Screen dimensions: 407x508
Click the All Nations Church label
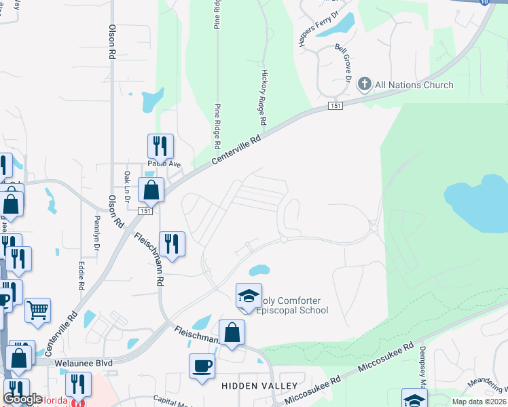point(414,85)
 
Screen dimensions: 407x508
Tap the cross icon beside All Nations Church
point(365,85)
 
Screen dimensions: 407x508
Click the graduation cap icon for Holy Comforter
point(249,295)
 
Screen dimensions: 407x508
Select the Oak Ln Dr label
point(126,185)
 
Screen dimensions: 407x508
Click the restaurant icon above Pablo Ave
point(160,146)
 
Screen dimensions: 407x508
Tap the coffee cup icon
point(202,366)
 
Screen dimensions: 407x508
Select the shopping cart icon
point(38,310)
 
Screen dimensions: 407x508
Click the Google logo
point(22,399)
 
